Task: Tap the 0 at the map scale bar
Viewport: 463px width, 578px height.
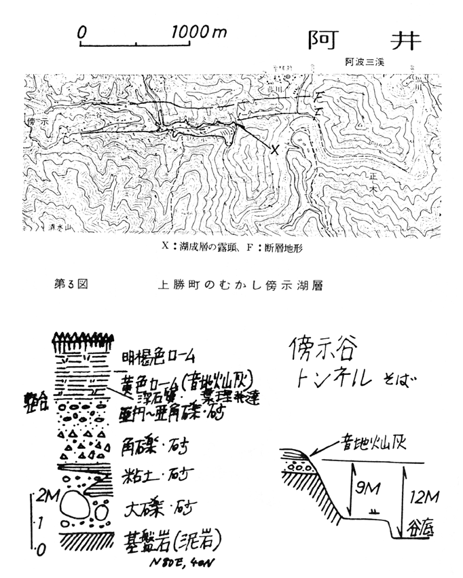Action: [81, 31]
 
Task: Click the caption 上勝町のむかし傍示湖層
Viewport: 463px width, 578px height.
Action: [235, 285]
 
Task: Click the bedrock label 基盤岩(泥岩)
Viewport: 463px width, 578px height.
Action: [174, 541]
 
